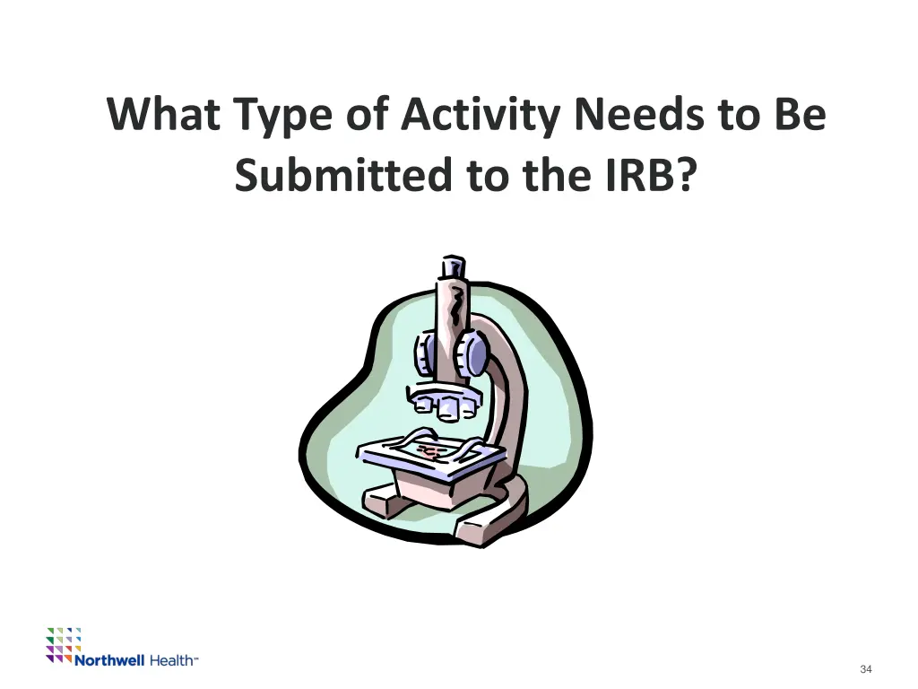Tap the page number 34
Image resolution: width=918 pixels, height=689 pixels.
pyautogui.click(x=865, y=669)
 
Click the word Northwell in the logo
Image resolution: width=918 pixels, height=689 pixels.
pyautogui.click(x=109, y=660)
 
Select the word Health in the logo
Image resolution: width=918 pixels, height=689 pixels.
pyautogui.click(x=170, y=660)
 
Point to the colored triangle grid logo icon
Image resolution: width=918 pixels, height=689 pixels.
pyautogui.click(x=64, y=643)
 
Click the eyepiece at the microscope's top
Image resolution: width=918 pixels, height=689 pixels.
pyautogui.click(x=452, y=266)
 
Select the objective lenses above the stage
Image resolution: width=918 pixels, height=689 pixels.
pyautogui.click(x=446, y=403)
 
